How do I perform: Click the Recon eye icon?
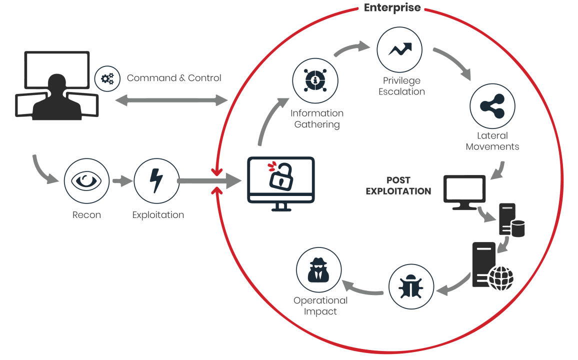tap(86, 181)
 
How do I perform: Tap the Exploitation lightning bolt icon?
tap(156, 181)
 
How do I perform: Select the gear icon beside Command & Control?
tap(107, 78)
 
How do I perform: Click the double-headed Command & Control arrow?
tap(171, 100)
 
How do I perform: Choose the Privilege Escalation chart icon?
tap(399, 49)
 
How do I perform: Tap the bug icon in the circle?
tap(411, 286)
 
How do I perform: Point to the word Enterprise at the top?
tap(392, 8)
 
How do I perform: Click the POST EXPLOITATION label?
tap(398, 185)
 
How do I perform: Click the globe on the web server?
tap(500, 278)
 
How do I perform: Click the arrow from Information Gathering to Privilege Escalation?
tap(351, 49)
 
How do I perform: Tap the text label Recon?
tap(86, 215)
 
